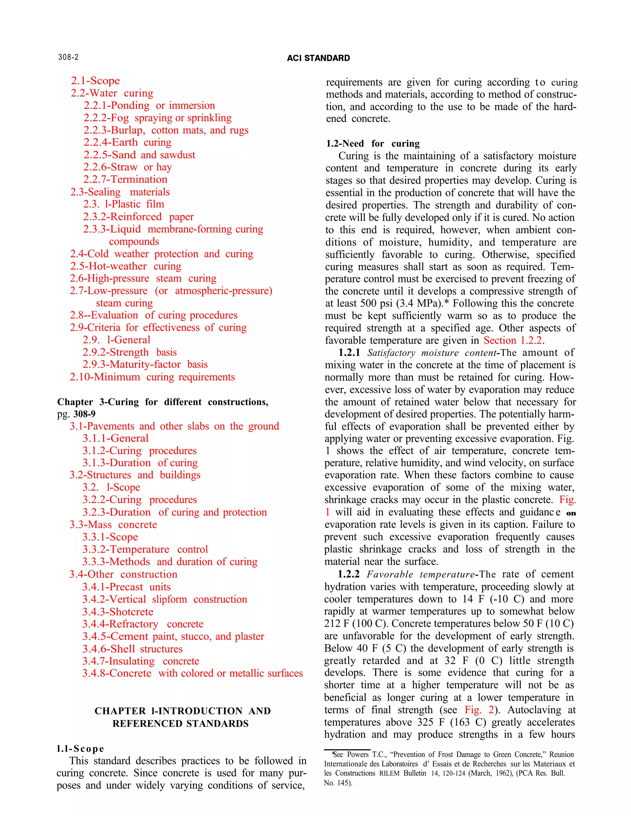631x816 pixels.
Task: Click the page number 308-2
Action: coord(68,57)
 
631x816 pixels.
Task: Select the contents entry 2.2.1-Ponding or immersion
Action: coord(149,105)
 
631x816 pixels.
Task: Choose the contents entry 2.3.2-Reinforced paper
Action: coord(138,217)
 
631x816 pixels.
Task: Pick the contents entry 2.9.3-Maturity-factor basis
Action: coord(145,364)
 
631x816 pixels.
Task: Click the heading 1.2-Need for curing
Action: coord(373,143)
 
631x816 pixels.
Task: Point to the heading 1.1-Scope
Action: coord(80,749)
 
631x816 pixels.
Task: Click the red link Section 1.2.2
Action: coord(513,340)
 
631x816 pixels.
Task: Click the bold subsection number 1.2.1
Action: coord(349,353)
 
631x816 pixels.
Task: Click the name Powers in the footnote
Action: coord(358,754)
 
